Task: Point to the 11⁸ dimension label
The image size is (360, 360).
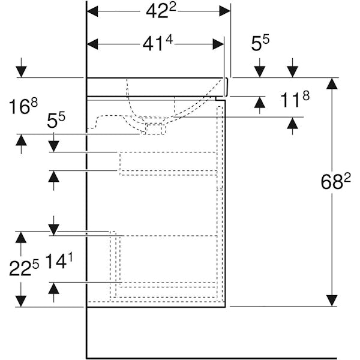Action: (x=295, y=99)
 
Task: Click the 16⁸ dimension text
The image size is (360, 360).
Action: (x=23, y=107)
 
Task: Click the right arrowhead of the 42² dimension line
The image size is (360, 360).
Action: (x=225, y=11)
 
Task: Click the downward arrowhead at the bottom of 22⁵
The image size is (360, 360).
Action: (x=22, y=301)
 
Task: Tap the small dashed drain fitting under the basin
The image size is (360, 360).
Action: (x=155, y=128)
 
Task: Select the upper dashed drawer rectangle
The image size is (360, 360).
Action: (x=167, y=163)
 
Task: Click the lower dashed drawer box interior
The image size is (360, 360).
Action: (x=167, y=259)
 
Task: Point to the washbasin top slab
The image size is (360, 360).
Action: (x=156, y=86)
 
